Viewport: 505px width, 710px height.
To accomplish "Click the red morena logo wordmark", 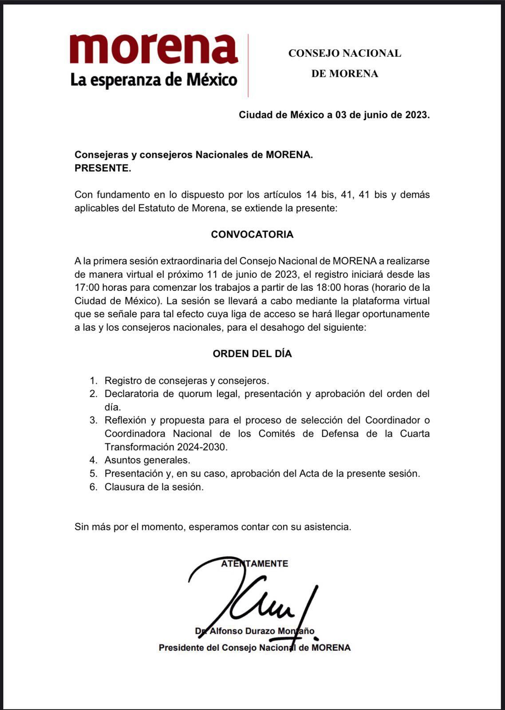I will (x=154, y=49).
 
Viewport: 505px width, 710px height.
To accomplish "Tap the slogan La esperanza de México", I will (x=154, y=80).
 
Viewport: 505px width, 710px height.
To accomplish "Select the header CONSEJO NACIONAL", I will (x=344, y=53).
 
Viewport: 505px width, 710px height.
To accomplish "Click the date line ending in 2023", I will (x=334, y=115).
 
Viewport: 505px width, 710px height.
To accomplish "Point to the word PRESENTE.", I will (x=103, y=168).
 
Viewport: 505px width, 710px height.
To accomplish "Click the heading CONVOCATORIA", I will (x=252, y=234).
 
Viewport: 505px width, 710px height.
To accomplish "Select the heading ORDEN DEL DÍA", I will (x=252, y=354).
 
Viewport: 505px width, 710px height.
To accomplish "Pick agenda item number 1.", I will (x=186, y=381).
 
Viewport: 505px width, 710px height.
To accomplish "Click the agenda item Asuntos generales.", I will (x=147, y=460).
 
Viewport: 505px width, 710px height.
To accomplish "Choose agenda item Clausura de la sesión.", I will (x=154, y=487).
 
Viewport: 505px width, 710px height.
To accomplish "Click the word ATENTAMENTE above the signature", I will (x=255, y=564).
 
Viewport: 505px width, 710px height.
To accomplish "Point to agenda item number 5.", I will (x=262, y=473).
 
